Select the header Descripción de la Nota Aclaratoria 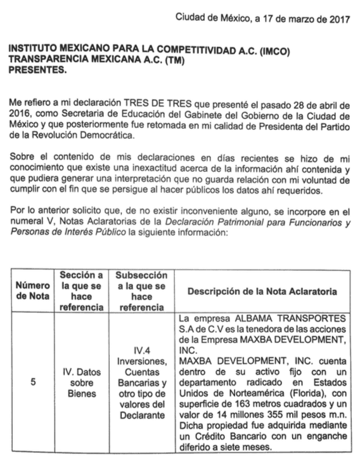[x=261, y=290]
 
